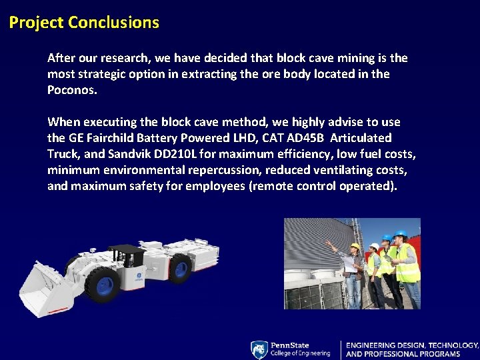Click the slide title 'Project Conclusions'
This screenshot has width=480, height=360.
(84, 23)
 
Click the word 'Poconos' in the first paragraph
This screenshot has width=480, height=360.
(71, 90)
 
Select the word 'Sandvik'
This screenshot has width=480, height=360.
(133, 154)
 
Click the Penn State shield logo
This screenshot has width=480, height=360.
(259, 349)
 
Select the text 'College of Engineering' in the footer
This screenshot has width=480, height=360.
(300, 353)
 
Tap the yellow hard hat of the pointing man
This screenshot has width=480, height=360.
(355, 246)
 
